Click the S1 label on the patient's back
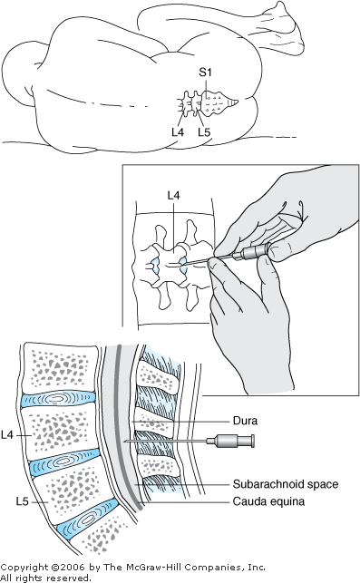205,72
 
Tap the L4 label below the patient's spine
178,131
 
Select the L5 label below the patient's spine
204,131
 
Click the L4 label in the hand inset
174,195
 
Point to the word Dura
245,421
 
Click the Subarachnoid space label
286,484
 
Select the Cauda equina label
268,501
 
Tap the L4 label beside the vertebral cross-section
7,434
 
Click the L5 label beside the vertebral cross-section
23,501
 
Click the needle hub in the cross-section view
230,441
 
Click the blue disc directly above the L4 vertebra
58,399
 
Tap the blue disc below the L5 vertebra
88,519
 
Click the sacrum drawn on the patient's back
219,102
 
